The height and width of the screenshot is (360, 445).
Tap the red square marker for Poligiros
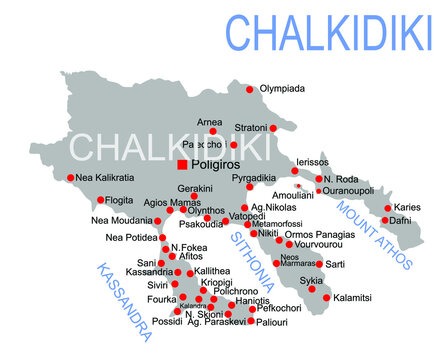pyautogui.click(x=182, y=164)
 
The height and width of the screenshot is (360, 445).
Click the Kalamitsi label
pyautogui.click(x=353, y=297)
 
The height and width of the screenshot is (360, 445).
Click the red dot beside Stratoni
pyautogui.click(x=272, y=128)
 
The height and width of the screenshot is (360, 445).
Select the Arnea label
pyautogui.click(x=210, y=121)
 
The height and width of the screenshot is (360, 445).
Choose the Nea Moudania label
pyautogui.click(x=118, y=220)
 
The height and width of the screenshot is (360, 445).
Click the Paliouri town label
pyautogui.click(x=270, y=322)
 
